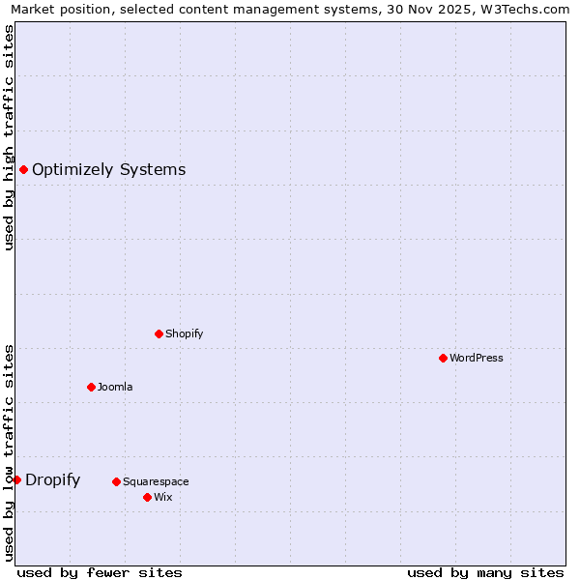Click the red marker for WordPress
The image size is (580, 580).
[443, 358]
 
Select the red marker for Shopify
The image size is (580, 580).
[159, 333]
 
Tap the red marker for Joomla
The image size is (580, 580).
[91, 387]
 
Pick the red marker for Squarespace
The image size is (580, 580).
[116, 481]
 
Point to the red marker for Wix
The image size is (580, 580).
[147, 497]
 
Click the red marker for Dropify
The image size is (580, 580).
[16, 479]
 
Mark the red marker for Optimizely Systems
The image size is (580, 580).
[23, 170]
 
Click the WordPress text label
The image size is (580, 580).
[477, 358]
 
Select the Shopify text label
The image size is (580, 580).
[185, 333]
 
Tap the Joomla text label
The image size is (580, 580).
[115, 387]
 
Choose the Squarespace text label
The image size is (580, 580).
[156, 481]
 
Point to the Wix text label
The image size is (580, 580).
[163, 497]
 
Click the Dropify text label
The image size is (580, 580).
[53, 479]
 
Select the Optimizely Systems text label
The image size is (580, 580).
[109, 170]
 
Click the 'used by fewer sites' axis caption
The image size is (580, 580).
[100, 572]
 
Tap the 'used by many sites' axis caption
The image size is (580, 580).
[485, 572]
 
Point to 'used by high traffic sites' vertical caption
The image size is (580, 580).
[9, 137]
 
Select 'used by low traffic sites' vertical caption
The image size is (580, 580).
[9, 452]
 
